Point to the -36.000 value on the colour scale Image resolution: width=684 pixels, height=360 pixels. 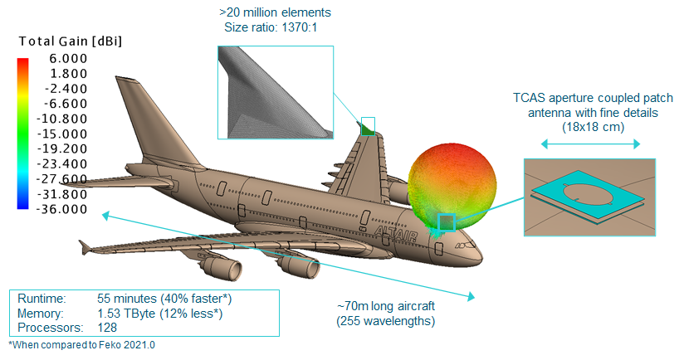(62, 209)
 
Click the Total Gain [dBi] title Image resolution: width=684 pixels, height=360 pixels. (70, 41)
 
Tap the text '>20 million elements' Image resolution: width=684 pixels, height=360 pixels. (275, 13)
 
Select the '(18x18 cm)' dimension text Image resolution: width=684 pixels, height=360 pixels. (590, 126)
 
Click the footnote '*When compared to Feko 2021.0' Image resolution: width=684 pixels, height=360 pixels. (81, 344)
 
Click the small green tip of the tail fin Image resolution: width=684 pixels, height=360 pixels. (366, 127)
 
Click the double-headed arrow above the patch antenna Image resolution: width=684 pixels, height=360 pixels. (590, 144)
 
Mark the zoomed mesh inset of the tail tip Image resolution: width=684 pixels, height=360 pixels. (275, 92)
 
